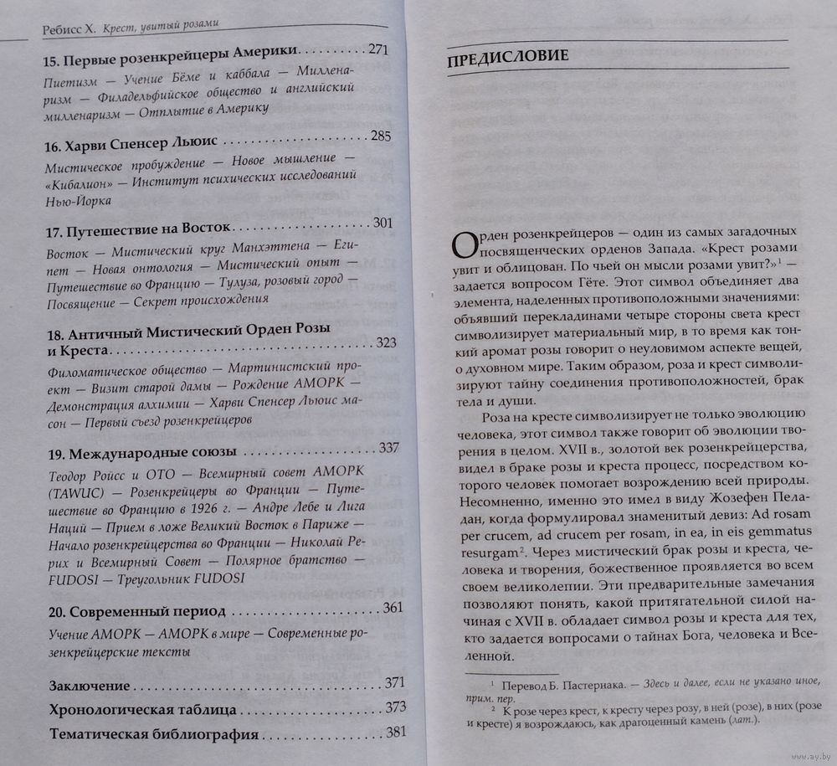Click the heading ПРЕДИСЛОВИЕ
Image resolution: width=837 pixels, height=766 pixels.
pyautogui.click(x=509, y=57)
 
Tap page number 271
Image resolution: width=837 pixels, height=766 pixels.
pyautogui.click(x=378, y=49)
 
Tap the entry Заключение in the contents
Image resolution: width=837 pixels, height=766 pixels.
pyautogui.click(x=90, y=686)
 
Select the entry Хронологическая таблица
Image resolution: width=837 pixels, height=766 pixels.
pyautogui.click(x=142, y=711)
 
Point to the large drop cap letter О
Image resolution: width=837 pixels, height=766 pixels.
pyautogui.click(x=466, y=243)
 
